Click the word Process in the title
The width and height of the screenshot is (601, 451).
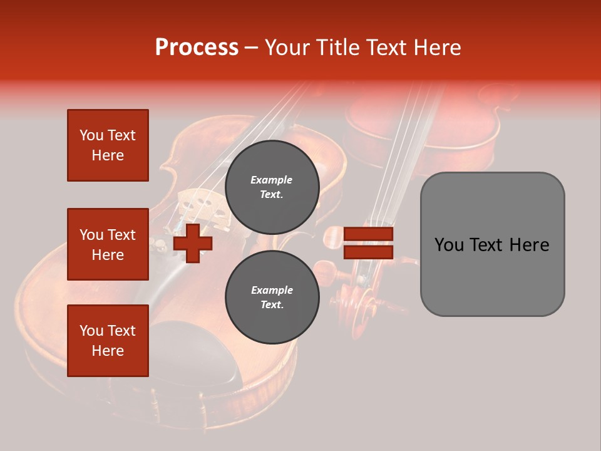[197, 48]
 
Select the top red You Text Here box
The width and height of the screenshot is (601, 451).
[108, 145]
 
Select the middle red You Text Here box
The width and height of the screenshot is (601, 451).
[108, 244]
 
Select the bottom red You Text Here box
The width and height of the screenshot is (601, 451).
[108, 340]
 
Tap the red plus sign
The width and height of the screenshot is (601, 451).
[193, 243]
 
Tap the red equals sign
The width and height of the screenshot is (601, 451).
[368, 243]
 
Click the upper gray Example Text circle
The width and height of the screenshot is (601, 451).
[272, 187]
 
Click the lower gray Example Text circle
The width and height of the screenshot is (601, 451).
[272, 298]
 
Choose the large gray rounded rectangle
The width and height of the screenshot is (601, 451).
[492, 244]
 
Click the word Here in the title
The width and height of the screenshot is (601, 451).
[438, 48]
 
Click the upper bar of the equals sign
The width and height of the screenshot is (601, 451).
[368, 234]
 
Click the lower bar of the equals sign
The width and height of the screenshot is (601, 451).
[368, 252]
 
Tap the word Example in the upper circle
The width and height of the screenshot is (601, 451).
[272, 180]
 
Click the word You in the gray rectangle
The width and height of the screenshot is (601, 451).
[449, 245]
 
